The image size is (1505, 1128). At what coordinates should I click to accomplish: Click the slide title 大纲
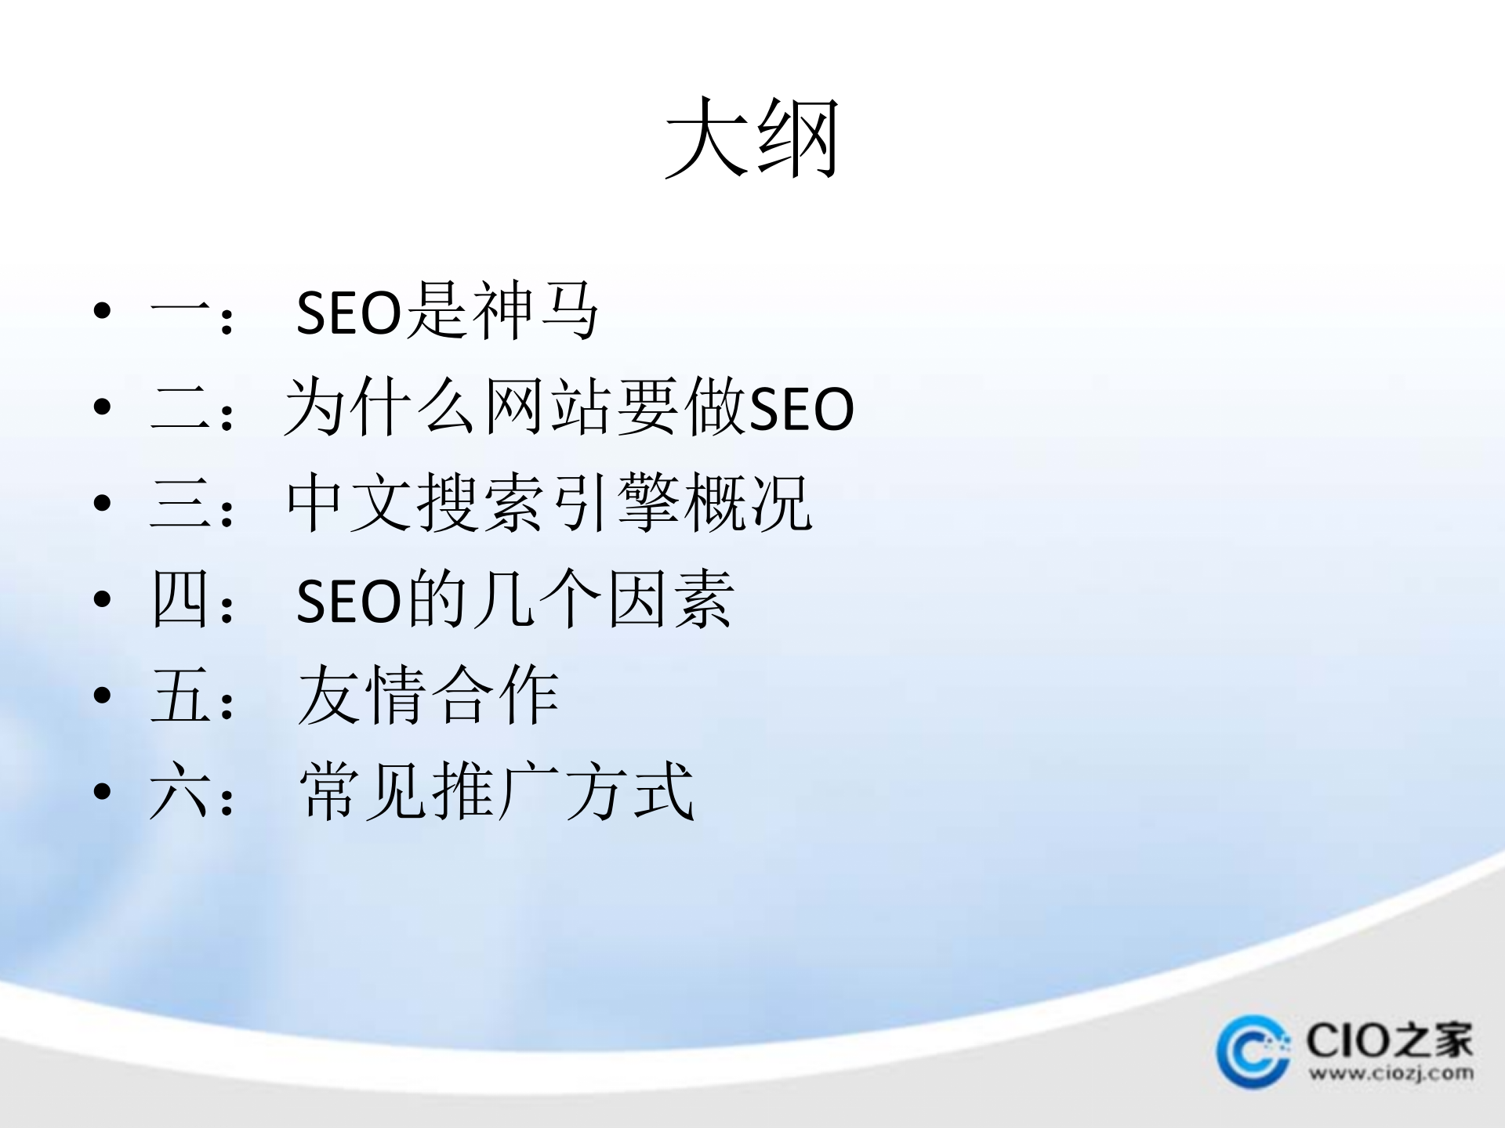[752, 139]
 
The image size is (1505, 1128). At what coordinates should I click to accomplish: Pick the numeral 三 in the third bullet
[180, 504]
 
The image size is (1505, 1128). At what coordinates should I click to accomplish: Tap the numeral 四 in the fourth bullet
[180, 600]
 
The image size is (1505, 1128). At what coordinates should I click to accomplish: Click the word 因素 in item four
[671, 600]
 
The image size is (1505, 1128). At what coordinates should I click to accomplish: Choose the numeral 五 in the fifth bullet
[180, 696]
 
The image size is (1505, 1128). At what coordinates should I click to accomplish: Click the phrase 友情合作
[428, 696]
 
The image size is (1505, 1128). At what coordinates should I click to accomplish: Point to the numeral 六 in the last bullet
[180, 792]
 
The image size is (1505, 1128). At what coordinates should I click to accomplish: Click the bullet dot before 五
[102, 696]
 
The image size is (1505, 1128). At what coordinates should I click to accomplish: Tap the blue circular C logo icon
[1253, 1051]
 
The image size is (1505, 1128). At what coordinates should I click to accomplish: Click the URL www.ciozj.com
[1391, 1073]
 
